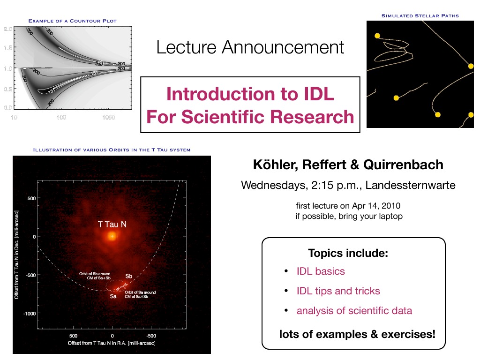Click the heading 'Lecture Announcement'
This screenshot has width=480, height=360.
pos(250,47)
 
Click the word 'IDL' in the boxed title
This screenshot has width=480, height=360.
pos(319,94)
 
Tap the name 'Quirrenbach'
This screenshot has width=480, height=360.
pos(403,165)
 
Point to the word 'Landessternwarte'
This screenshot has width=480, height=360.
pos(410,185)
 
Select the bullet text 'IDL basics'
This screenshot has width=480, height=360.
pos(321,271)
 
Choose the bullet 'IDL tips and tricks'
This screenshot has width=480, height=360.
pos(338,291)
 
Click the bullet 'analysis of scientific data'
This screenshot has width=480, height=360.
pos(354,311)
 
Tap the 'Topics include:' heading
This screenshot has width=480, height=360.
pos(348,253)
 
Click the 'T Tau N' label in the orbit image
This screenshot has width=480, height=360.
pos(112,225)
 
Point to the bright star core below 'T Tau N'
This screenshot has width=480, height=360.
pos(112,236)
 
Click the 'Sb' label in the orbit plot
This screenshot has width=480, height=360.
pos(128,276)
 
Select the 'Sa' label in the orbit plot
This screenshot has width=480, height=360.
pos(113,296)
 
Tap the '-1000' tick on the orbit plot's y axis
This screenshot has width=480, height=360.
pos(30,314)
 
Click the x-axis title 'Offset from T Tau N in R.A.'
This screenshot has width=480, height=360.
pos(97,343)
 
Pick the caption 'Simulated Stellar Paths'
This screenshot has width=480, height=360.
pos(420,15)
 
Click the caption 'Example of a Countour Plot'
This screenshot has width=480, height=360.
pos(73,21)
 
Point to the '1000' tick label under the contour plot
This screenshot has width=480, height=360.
pos(108,117)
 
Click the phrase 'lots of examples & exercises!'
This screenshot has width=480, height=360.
pos(357,334)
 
